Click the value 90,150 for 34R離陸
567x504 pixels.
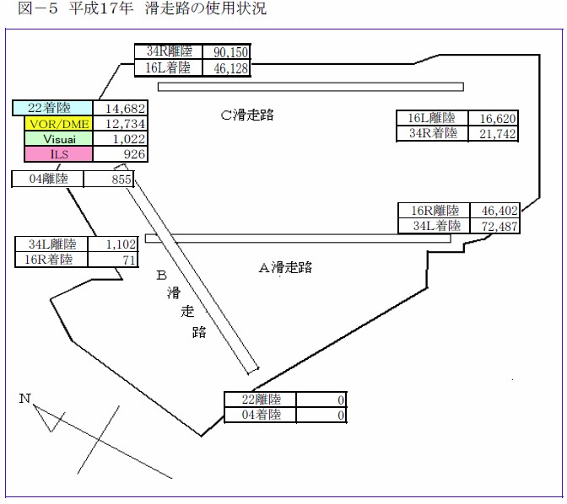pyautogui.click(x=225, y=52)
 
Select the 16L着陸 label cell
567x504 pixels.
pyautogui.click(x=169, y=68)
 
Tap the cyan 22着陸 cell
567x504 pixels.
pyautogui.click(x=52, y=108)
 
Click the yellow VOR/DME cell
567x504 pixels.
pyautogui.click(x=52, y=124)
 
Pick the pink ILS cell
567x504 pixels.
pyautogui.click(x=52, y=154)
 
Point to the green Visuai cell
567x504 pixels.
pyautogui.click(x=52, y=139)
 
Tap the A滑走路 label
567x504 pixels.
pyautogui.click(x=285, y=267)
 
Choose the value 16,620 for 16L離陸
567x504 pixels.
pyautogui.click(x=497, y=119)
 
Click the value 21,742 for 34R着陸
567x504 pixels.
pyautogui.click(x=497, y=134)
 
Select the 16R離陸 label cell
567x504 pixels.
pyautogui.click(x=435, y=211)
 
